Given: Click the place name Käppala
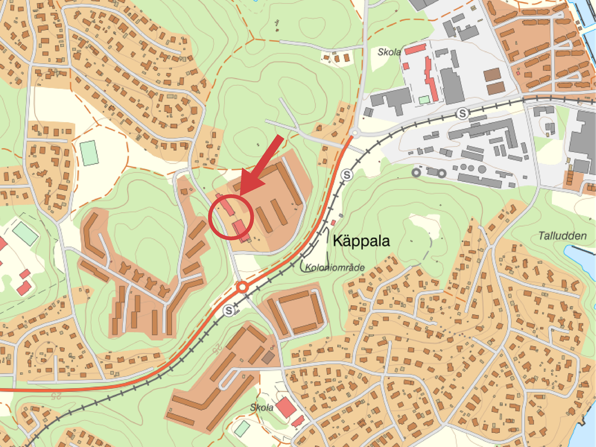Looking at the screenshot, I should (361, 241).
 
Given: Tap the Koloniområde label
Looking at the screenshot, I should (334, 268).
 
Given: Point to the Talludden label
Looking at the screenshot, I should (563, 235).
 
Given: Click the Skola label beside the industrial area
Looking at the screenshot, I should (389, 52).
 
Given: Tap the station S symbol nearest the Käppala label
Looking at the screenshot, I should (347, 175).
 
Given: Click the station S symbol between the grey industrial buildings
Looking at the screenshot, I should (461, 113).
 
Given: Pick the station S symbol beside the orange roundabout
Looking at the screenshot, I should (229, 310).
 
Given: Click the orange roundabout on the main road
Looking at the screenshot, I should (242, 288).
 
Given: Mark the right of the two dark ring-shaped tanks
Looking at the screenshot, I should (442, 173).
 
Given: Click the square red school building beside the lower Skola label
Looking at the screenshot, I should (285, 408).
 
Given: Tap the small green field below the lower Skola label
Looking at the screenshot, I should (242, 428).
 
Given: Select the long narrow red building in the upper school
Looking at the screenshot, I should (430, 79).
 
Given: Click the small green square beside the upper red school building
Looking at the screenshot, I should (424, 100).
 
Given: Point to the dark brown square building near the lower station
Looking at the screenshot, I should (269, 357).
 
